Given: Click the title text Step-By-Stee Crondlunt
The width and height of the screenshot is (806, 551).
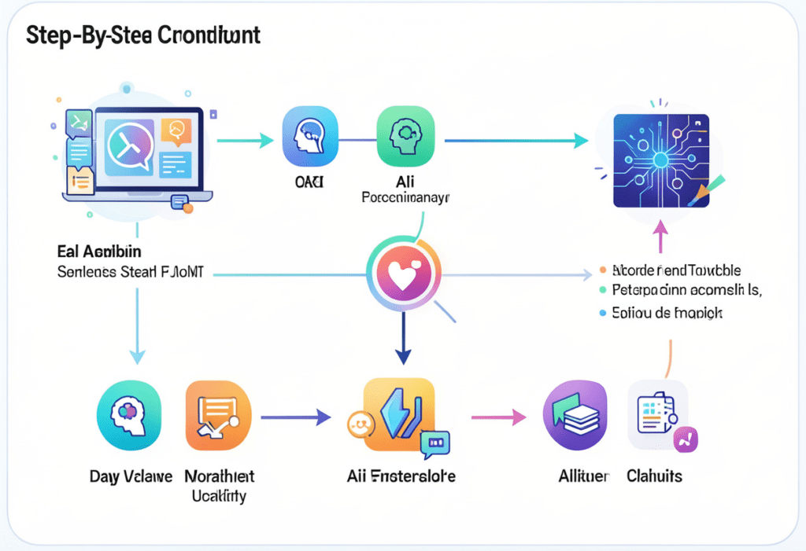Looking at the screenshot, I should [x=143, y=37].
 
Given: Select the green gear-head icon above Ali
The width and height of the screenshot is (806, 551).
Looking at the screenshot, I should [x=405, y=134].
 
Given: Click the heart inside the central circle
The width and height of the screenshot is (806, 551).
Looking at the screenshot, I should [x=403, y=275].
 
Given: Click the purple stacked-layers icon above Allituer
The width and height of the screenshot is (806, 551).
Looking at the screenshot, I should [x=575, y=415].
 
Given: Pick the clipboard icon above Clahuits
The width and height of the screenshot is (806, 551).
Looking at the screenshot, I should [x=658, y=415].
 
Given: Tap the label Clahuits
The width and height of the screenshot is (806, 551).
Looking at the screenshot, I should [x=654, y=476].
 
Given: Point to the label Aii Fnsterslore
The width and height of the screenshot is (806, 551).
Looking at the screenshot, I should [x=401, y=476].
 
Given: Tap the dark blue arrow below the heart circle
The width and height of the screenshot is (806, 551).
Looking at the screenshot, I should [x=403, y=338].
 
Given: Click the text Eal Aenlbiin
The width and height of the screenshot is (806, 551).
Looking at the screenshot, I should [x=98, y=252].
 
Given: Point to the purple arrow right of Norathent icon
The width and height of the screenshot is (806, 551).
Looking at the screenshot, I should [x=295, y=417].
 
